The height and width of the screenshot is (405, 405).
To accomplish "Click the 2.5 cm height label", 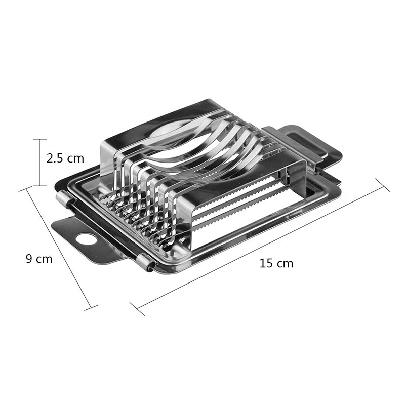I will coord(65,158).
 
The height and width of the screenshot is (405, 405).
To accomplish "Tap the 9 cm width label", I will coord(39,259).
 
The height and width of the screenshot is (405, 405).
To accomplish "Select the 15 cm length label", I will coord(276,263).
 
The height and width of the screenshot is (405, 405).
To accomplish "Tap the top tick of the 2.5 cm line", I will coord(39,140).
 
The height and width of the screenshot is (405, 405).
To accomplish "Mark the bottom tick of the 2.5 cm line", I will coord(39,186).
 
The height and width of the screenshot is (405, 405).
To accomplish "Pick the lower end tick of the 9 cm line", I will coord(90,307).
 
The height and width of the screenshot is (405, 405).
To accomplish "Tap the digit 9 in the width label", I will coord(30,259).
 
